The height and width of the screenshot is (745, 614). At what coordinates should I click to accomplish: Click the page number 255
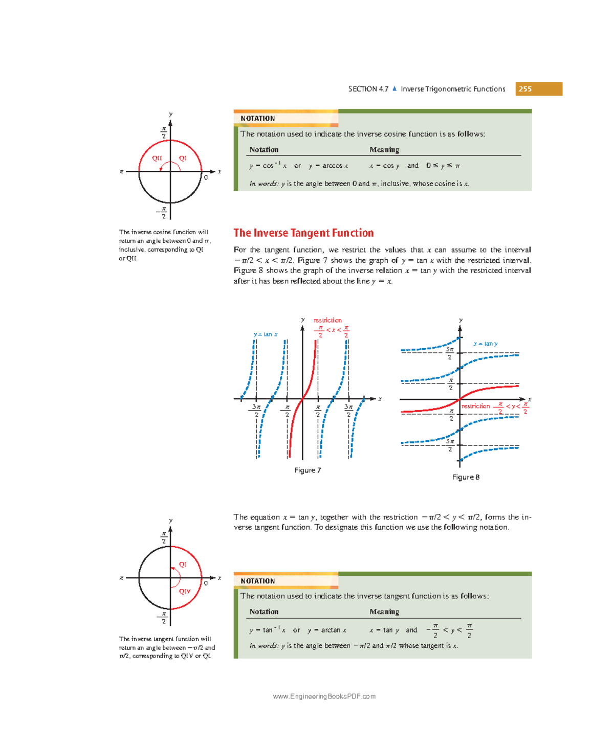pos(525,89)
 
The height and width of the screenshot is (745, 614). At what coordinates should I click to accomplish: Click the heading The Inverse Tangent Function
pos(303,233)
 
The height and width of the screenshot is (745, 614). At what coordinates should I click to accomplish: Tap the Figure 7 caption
pos(308,470)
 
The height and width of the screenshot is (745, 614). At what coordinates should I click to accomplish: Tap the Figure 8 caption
pos(466,477)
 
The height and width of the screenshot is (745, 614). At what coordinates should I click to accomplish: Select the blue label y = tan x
pos(266,334)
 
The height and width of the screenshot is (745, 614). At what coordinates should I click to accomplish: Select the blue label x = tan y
pos(485,344)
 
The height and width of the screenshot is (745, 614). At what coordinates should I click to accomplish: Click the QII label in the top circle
pos(157,159)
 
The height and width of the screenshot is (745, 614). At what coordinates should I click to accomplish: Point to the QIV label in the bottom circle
pos(184,592)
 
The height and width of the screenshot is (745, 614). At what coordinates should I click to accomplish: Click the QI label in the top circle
pos(183,159)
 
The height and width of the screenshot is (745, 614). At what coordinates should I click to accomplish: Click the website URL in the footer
pos(324,696)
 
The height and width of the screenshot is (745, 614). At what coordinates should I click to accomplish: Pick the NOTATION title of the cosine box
pos(258,119)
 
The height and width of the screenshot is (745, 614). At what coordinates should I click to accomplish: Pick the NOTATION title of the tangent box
pos(258,581)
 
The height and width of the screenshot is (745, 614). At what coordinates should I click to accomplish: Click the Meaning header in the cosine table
pos(384,150)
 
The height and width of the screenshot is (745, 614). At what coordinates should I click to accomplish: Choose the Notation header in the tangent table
pos(264,612)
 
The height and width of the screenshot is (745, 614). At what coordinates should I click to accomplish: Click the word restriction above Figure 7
pos(327,321)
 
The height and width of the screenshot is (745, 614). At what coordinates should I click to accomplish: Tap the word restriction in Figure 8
pos(476,407)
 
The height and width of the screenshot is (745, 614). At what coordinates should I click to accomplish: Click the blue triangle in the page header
pos(394,89)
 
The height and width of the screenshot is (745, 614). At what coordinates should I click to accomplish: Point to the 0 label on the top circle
pos(206,178)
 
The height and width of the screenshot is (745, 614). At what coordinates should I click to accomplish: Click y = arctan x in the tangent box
pos(327,630)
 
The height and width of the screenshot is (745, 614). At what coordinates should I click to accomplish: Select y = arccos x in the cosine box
pos(328,166)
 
